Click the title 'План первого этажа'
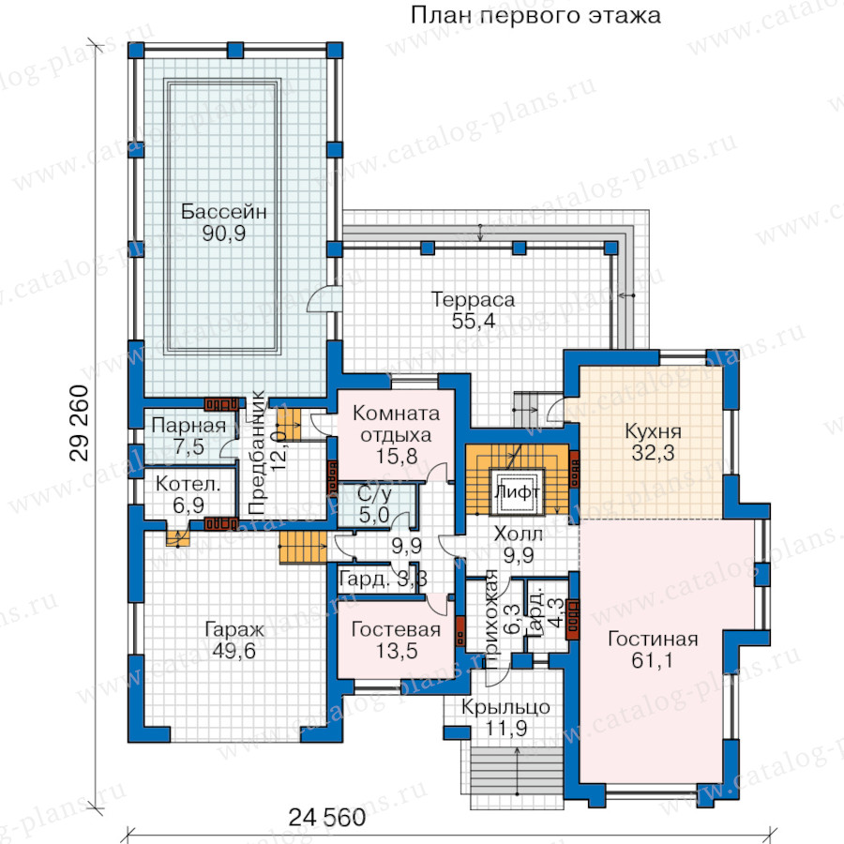pyautogui.click(x=535, y=16)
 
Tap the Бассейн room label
pyautogui.click(x=223, y=211)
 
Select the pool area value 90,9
pyautogui.click(x=224, y=234)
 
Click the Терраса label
pyautogui.click(x=474, y=299)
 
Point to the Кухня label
pyautogui.click(x=653, y=431)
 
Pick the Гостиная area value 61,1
pyautogui.click(x=653, y=660)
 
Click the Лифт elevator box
pyautogui.click(x=518, y=492)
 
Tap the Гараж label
pyautogui.click(x=234, y=629)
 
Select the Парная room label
pyautogui.click(x=188, y=425)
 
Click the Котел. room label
pyautogui.click(x=188, y=484)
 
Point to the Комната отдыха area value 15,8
pyautogui.click(x=396, y=457)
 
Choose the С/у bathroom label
pyautogui.click(x=374, y=494)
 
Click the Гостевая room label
pyautogui.click(x=396, y=629)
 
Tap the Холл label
pyautogui.click(x=519, y=534)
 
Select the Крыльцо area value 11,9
pyautogui.click(x=506, y=729)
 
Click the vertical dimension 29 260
pyautogui.click(x=79, y=423)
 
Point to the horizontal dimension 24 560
pyautogui.click(x=326, y=818)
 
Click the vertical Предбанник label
pyautogui.click(x=257, y=452)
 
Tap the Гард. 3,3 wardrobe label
pyautogui.click(x=384, y=580)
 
